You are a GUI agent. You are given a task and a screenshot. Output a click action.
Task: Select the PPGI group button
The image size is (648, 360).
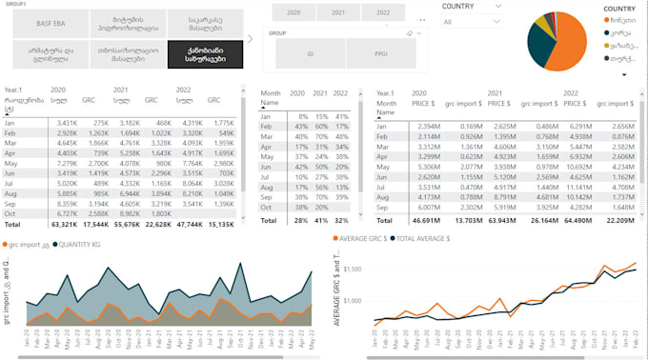(x=380, y=54)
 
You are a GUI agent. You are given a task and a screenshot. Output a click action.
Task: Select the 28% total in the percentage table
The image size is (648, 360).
(x=297, y=219)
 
